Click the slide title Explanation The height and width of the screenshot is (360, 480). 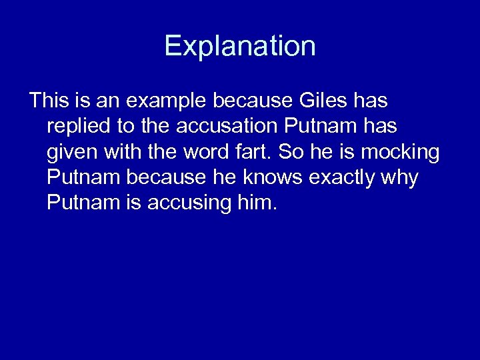(240, 46)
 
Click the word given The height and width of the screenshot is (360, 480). (71, 153)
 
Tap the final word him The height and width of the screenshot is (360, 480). (257, 203)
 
